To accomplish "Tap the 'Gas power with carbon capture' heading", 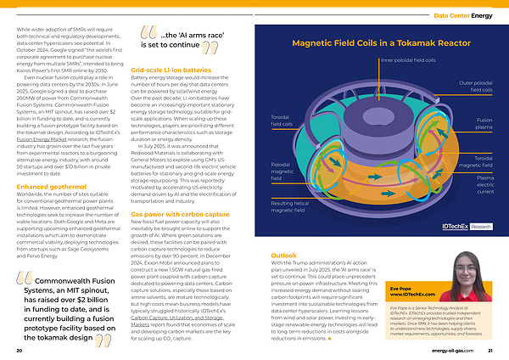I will (180, 215).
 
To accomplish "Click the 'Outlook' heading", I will (283, 255).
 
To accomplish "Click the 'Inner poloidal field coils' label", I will (408, 61).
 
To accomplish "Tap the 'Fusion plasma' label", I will (484, 124).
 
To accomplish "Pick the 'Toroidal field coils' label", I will (281, 120).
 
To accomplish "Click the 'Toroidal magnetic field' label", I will (484, 161).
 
